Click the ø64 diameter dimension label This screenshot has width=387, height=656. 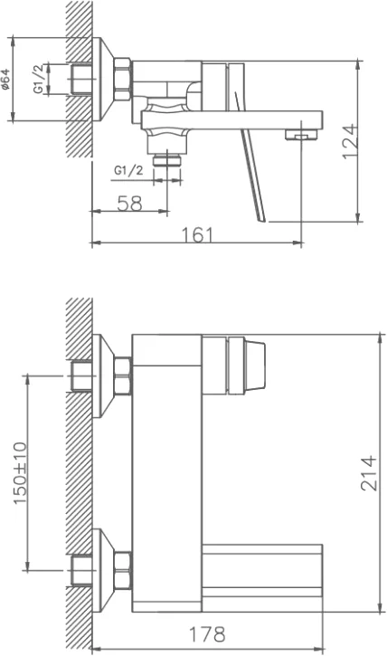click(5, 79)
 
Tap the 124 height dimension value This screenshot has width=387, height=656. click(350, 141)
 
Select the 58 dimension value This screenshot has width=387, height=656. click(129, 204)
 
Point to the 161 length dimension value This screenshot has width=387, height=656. click(197, 234)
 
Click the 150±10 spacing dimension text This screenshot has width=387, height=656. click(21, 472)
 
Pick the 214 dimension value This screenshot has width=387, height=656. click(369, 472)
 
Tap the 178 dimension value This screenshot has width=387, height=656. click(207, 634)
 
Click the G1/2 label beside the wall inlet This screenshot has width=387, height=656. click(38, 79)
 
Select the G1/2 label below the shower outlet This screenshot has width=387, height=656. click(128, 170)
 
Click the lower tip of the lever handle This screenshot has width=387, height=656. click(262, 219)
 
